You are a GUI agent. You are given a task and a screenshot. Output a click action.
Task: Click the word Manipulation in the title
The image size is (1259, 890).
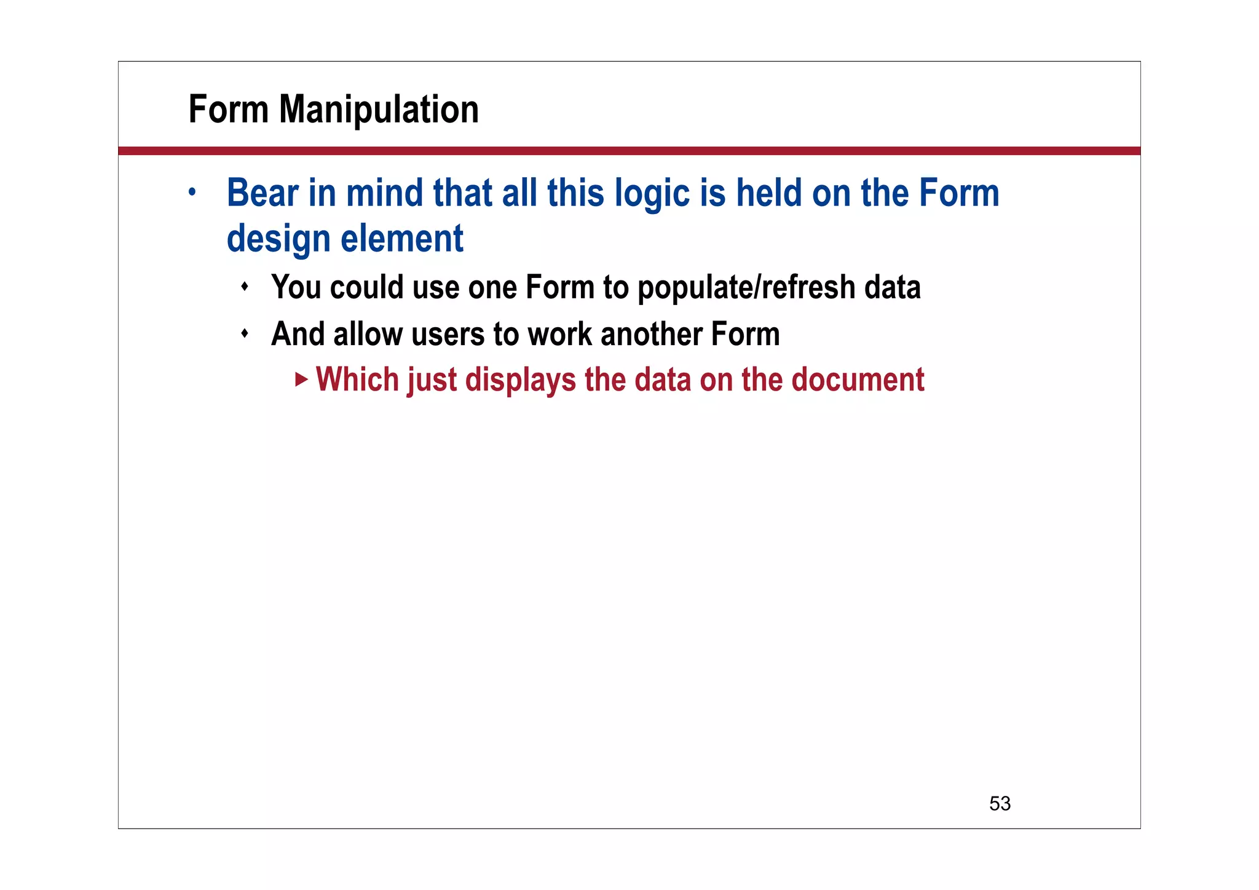point(379,109)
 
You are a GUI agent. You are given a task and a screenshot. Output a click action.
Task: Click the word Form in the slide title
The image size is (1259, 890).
point(228,109)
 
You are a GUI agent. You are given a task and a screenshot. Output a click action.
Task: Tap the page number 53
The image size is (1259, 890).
point(1000,803)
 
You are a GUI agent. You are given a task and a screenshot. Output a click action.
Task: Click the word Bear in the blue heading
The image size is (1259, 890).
point(262,193)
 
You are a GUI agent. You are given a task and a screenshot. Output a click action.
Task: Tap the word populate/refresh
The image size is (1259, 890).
point(746,288)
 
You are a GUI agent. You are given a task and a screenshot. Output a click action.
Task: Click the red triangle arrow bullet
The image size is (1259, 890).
point(301,379)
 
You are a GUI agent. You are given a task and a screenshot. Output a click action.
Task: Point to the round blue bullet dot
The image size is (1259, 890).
point(192,192)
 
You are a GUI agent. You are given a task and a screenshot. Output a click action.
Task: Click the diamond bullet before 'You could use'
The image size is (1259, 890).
point(245,287)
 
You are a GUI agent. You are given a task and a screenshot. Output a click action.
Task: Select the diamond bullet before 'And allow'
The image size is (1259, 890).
point(245,333)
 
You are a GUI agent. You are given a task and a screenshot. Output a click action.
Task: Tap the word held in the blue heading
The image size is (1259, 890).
point(769,193)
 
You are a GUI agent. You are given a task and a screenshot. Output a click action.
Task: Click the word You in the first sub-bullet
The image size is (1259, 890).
point(296,288)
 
